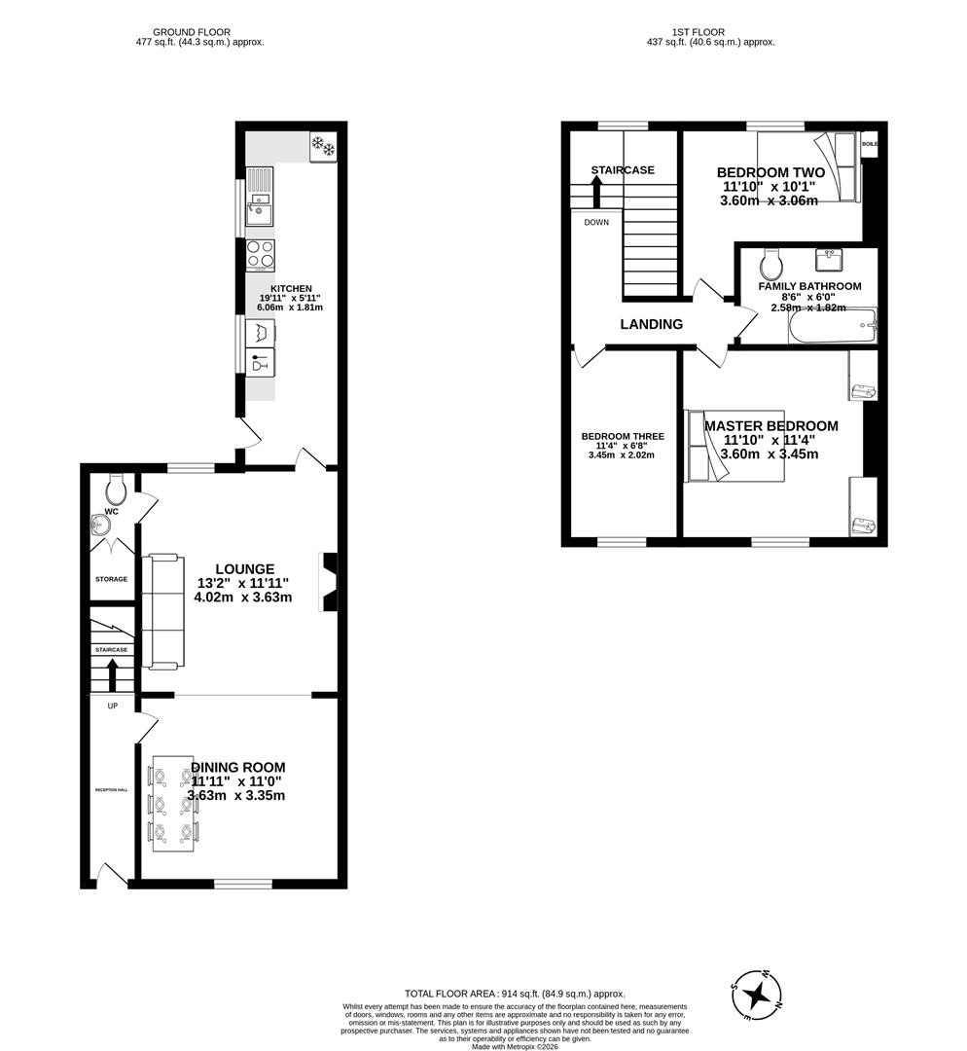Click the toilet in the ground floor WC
click(116, 485)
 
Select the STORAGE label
click(111, 579)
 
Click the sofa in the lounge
click(162, 611)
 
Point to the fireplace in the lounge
click(328, 583)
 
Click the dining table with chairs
click(173, 804)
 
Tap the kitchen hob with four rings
click(260, 254)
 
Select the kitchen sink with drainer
click(260, 196)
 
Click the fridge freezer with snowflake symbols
click(322, 147)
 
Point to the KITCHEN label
click(291, 289)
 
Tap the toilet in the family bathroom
click(771, 263)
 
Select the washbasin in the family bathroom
click(830, 260)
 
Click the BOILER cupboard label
click(869, 144)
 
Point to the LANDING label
click(651, 324)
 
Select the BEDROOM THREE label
click(623, 436)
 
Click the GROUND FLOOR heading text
click(198, 32)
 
